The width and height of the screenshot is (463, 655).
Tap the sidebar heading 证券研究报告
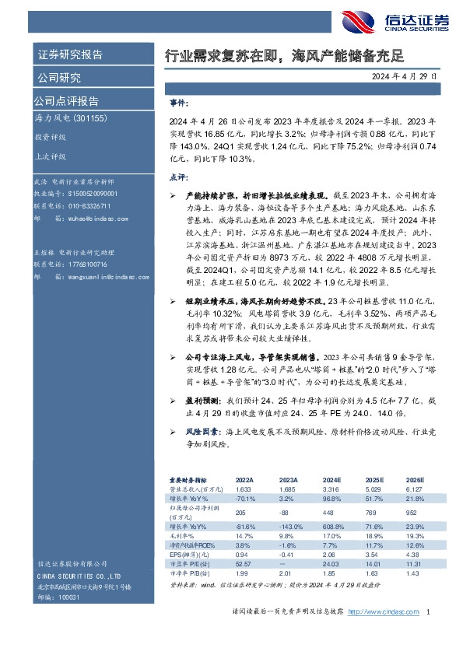pos(70,55)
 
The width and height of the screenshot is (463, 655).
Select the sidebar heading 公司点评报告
pos(66,100)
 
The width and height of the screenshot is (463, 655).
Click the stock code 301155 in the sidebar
pos(100,118)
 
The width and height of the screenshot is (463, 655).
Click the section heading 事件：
pos(179,103)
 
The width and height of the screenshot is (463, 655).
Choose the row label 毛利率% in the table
pos(184,535)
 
